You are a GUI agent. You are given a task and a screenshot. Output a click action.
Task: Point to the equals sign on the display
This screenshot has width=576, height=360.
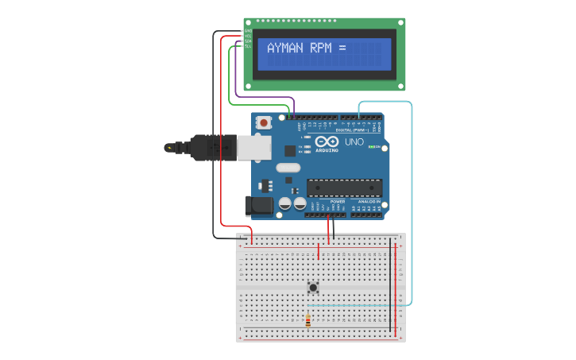coord(342,48)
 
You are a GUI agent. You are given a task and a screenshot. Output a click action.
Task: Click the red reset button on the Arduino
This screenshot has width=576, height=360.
coord(264,123)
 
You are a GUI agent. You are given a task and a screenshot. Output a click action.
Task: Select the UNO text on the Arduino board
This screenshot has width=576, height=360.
coord(354,142)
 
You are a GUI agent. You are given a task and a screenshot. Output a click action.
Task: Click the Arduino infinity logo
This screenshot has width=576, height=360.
coord(327,141)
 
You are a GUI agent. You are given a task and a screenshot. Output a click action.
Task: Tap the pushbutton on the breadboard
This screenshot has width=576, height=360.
coord(313,287)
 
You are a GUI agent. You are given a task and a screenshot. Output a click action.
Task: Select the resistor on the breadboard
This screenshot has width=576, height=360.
coord(308,321)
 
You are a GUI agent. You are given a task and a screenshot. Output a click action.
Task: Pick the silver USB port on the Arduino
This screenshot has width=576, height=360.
coord(254,147)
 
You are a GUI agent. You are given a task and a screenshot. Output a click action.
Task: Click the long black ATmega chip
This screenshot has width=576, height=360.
coord(344,188)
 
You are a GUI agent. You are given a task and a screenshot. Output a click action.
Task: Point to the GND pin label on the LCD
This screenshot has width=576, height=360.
coord(248,31)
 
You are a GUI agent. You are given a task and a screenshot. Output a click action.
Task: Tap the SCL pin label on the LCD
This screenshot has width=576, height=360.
coord(248,46)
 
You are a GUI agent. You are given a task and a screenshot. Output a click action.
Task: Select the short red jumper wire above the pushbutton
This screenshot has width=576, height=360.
coord(319,252)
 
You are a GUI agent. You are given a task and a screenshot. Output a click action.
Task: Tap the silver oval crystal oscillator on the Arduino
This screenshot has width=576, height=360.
coord(288,168)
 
